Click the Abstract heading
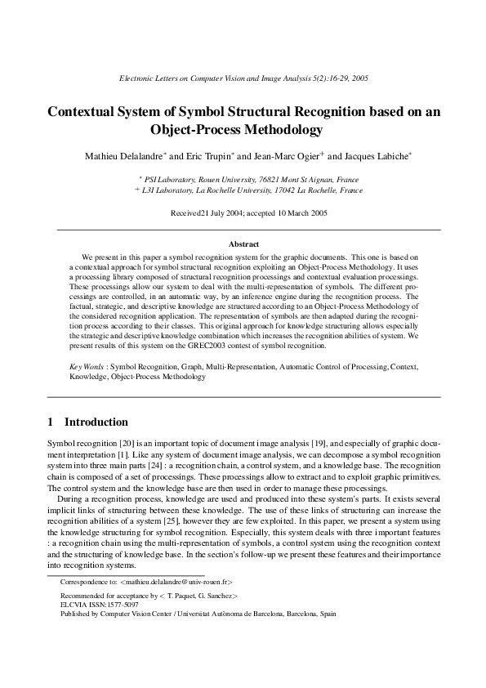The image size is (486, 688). coord(243,244)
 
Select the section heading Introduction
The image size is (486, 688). coord(96,422)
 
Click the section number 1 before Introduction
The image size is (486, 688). coord(51,422)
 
